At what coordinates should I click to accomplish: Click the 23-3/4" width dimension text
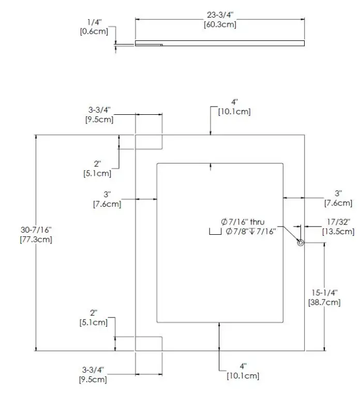pyautogui.click(x=220, y=16)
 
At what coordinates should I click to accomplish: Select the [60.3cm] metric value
pyautogui.click(x=220, y=24)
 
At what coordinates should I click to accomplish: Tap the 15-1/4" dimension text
pyautogui.click(x=324, y=293)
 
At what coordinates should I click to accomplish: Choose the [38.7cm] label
pyautogui.click(x=324, y=301)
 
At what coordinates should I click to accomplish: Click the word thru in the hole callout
pyautogui.click(x=257, y=222)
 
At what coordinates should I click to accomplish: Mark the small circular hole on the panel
pyautogui.click(x=300, y=244)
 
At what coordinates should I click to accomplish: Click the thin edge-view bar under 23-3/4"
pyautogui.click(x=219, y=43)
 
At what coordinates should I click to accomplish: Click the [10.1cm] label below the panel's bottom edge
pyautogui.click(x=243, y=375)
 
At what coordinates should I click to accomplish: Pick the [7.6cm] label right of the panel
pyautogui.click(x=338, y=203)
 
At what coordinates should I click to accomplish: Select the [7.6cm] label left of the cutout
pyautogui.click(x=107, y=204)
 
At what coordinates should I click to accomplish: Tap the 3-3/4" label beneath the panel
pyautogui.click(x=93, y=370)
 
